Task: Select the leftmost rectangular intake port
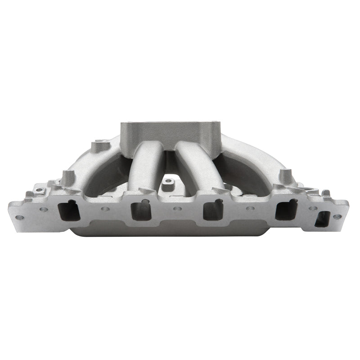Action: click(x=70, y=210)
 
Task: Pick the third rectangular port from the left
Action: click(x=213, y=210)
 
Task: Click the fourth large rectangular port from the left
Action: click(x=286, y=209)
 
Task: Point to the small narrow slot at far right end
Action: click(x=322, y=219)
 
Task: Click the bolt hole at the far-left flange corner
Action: click(x=19, y=217)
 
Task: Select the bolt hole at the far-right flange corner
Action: click(x=337, y=216)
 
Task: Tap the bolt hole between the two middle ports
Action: click(x=177, y=209)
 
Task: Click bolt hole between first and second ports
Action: click(x=105, y=209)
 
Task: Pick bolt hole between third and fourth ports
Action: click(x=250, y=209)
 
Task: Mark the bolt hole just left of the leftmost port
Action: click(x=44, y=209)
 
